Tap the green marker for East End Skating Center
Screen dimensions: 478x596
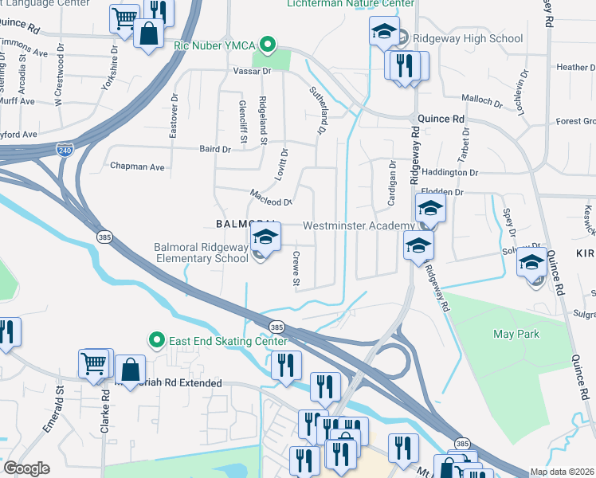click(x=156, y=341)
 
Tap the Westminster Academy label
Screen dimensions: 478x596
click(x=359, y=226)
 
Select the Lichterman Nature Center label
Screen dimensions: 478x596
click(x=351, y=4)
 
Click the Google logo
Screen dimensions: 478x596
click(x=26, y=468)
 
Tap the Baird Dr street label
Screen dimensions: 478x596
click(x=214, y=149)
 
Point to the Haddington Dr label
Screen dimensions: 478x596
click(x=449, y=172)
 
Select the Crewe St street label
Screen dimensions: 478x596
click(x=295, y=270)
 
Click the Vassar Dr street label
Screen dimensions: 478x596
click(x=256, y=72)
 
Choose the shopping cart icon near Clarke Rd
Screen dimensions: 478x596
click(x=94, y=363)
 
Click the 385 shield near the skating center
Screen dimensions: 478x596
click(x=276, y=327)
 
